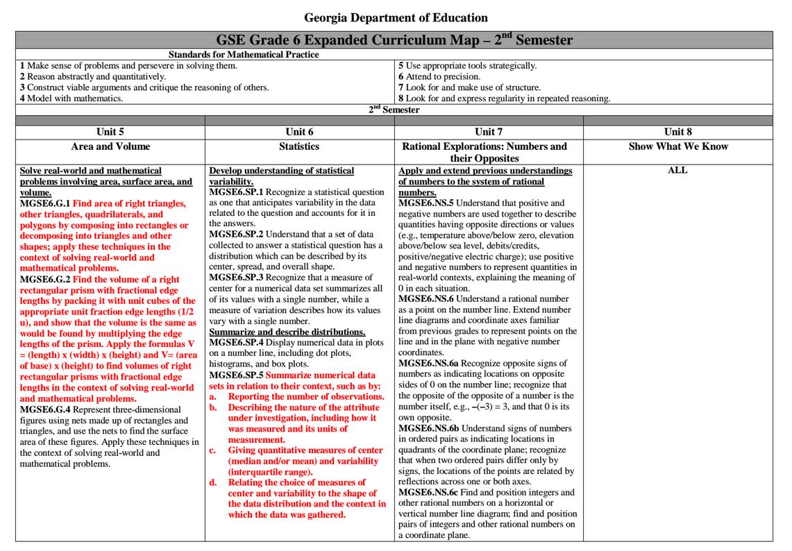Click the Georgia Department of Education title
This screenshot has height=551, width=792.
click(x=396, y=18)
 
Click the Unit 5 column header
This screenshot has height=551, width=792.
click(x=110, y=132)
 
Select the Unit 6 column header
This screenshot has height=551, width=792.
click(x=299, y=132)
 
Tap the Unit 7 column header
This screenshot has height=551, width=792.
click(x=489, y=132)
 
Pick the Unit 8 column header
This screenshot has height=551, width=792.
click(x=677, y=132)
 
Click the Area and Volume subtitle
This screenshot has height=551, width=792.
click(x=110, y=146)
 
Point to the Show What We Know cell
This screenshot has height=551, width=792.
click(x=677, y=146)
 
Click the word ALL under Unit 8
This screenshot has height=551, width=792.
click(x=677, y=170)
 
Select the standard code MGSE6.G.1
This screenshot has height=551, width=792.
click(x=45, y=203)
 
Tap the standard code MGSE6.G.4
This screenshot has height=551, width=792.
click(x=45, y=409)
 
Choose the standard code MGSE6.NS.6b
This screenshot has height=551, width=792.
click(x=428, y=429)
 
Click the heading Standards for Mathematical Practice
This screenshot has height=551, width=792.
click(x=244, y=55)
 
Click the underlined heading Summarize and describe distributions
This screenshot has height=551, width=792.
click(x=287, y=332)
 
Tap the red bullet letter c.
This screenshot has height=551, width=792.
click(x=212, y=450)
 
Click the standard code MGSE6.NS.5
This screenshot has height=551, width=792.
click(x=426, y=203)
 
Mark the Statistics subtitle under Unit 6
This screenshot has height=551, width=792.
click(x=299, y=146)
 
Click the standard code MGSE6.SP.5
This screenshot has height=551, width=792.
click(x=236, y=375)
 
